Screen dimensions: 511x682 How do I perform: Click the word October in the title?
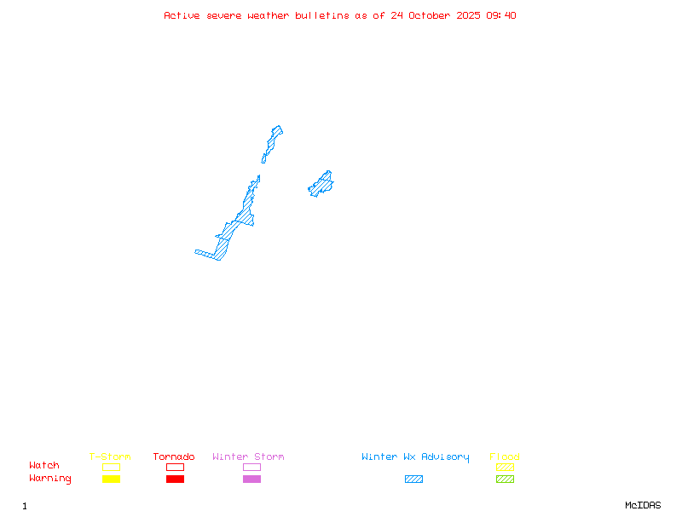click(436, 15)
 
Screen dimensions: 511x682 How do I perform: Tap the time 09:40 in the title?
click(501, 15)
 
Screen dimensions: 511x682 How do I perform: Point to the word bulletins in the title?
click(322, 15)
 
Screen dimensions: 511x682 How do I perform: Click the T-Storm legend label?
click(110, 457)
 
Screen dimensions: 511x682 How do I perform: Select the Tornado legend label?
click(174, 457)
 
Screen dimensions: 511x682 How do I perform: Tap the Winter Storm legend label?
click(248, 457)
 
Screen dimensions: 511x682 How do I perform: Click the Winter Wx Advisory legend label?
click(415, 457)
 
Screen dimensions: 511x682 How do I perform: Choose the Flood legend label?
click(505, 457)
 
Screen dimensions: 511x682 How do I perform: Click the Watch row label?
click(44, 466)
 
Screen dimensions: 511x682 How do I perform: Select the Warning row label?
click(50, 479)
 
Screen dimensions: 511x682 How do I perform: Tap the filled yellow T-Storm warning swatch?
click(111, 479)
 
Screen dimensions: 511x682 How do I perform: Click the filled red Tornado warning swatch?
click(175, 479)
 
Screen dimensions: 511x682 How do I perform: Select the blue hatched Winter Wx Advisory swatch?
click(413, 479)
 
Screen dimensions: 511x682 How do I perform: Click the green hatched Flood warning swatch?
click(505, 479)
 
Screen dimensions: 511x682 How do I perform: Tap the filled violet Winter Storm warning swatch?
click(251, 479)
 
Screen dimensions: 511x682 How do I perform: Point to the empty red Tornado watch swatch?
click(175, 468)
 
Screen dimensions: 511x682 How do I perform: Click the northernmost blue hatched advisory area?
click(273, 140)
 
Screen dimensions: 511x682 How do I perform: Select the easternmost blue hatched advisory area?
click(321, 183)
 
